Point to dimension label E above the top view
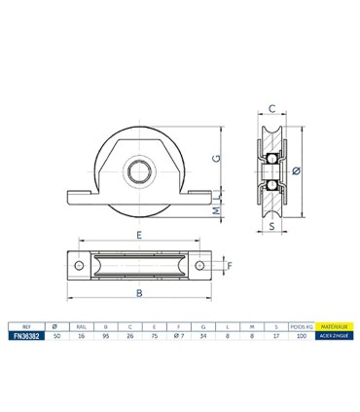point(140,236)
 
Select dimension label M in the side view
point(216,207)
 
